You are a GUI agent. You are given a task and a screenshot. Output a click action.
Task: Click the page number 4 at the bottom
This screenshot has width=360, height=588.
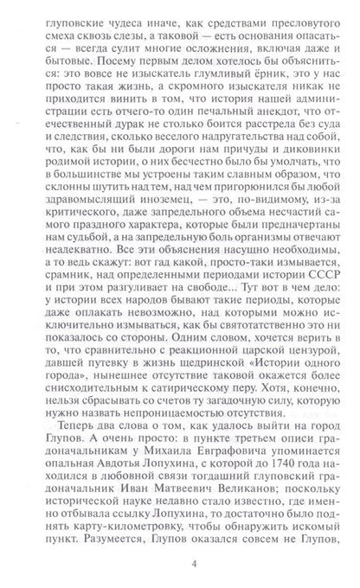pyautogui.click(x=179, y=566)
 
